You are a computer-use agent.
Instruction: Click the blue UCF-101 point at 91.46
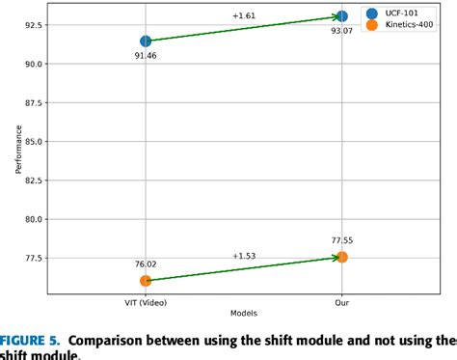tap(146, 41)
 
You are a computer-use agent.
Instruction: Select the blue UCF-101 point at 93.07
tap(342, 16)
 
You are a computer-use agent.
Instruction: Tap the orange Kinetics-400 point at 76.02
tap(146, 281)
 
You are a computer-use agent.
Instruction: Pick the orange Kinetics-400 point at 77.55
tap(342, 257)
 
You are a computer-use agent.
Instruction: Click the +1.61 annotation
tap(243, 16)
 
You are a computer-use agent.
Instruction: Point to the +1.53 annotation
tap(243, 256)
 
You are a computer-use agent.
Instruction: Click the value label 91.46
tap(146, 58)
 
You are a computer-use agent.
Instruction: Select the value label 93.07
tap(342, 32)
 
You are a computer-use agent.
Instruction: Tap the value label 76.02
tap(146, 263)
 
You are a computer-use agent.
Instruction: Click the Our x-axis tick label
tap(342, 301)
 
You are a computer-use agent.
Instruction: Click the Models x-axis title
tap(244, 314)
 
